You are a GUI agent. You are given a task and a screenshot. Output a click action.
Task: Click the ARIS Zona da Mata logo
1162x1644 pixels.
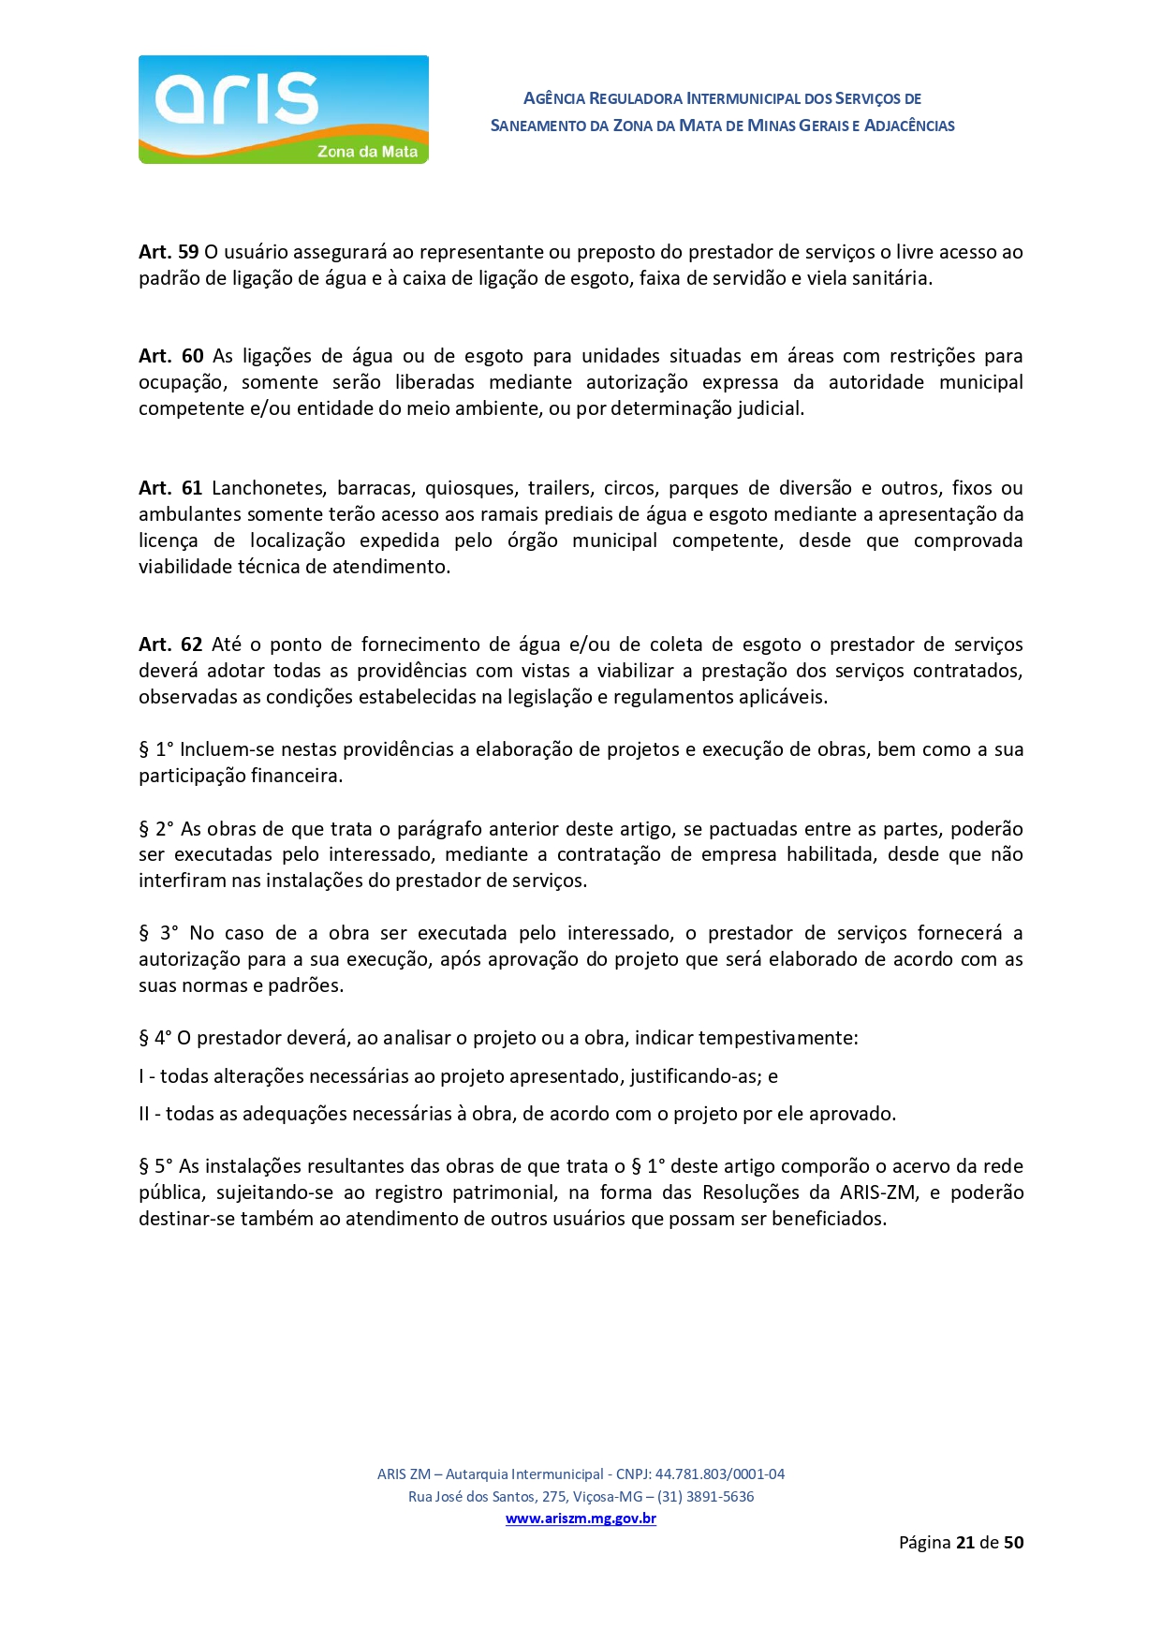point(283,110)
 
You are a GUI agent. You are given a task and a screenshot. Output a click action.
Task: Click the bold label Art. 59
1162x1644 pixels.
point(169,252)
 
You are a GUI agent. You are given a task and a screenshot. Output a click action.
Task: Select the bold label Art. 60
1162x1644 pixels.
point(170,356)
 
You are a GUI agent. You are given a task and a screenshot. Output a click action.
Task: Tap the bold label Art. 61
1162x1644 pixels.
point(170,488)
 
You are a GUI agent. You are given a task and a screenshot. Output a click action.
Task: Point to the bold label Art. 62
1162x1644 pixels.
point(170,644)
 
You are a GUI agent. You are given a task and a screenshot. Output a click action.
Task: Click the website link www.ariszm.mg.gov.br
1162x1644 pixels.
point(581,1518)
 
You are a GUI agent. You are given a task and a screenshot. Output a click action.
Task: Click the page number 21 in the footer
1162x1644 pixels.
point(965,1542)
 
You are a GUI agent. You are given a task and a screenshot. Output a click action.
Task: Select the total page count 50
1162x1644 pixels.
point(1013,1542)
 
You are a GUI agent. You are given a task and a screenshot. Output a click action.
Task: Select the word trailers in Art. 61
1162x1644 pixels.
point(559,488)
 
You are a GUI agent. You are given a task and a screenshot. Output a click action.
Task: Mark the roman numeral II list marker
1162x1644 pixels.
point(144,1114)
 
